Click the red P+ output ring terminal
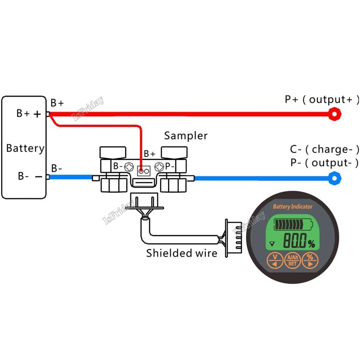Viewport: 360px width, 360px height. (x=334, y=114)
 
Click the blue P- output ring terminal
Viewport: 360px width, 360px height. (x=335, y=177)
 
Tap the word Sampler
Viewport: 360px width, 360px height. (x=186, y=136)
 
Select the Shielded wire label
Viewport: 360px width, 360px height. (x=181, y=253)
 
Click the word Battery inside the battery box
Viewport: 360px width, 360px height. (x=25, y=148)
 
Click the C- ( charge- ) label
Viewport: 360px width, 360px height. (x=324, y=149)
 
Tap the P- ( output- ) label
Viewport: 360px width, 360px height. (x=324, y=163)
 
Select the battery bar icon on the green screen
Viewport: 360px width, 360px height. (x=293, y=224)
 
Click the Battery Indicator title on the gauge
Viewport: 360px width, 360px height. (x=293, y=207)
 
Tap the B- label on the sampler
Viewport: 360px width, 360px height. (x=118, y=166)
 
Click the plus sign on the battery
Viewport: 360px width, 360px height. (x=37, y=114)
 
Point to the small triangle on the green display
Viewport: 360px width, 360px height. (x=272, y=244)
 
